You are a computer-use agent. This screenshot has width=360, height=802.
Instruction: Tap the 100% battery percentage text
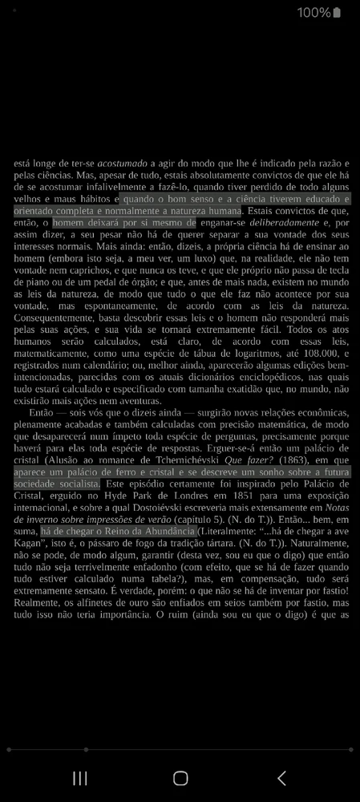(313, 13)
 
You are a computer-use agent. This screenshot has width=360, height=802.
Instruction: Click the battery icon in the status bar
(337, 13)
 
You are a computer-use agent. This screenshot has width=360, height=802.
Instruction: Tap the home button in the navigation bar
(180, 778)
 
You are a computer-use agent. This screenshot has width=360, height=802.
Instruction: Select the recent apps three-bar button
(80, 778)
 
